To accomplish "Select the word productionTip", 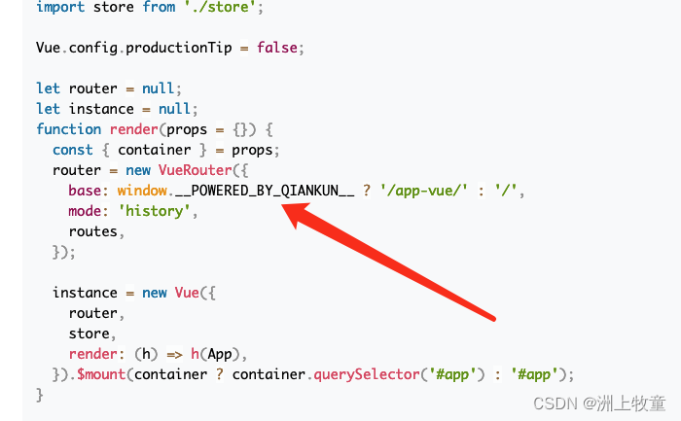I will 179,47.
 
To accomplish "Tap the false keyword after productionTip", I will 277,47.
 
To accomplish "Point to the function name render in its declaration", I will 133,129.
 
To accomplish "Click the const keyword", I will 73,150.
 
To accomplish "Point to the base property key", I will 85,191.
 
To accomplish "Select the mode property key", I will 85,211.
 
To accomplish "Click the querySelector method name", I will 359,374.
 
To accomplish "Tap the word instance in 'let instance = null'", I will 101,109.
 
